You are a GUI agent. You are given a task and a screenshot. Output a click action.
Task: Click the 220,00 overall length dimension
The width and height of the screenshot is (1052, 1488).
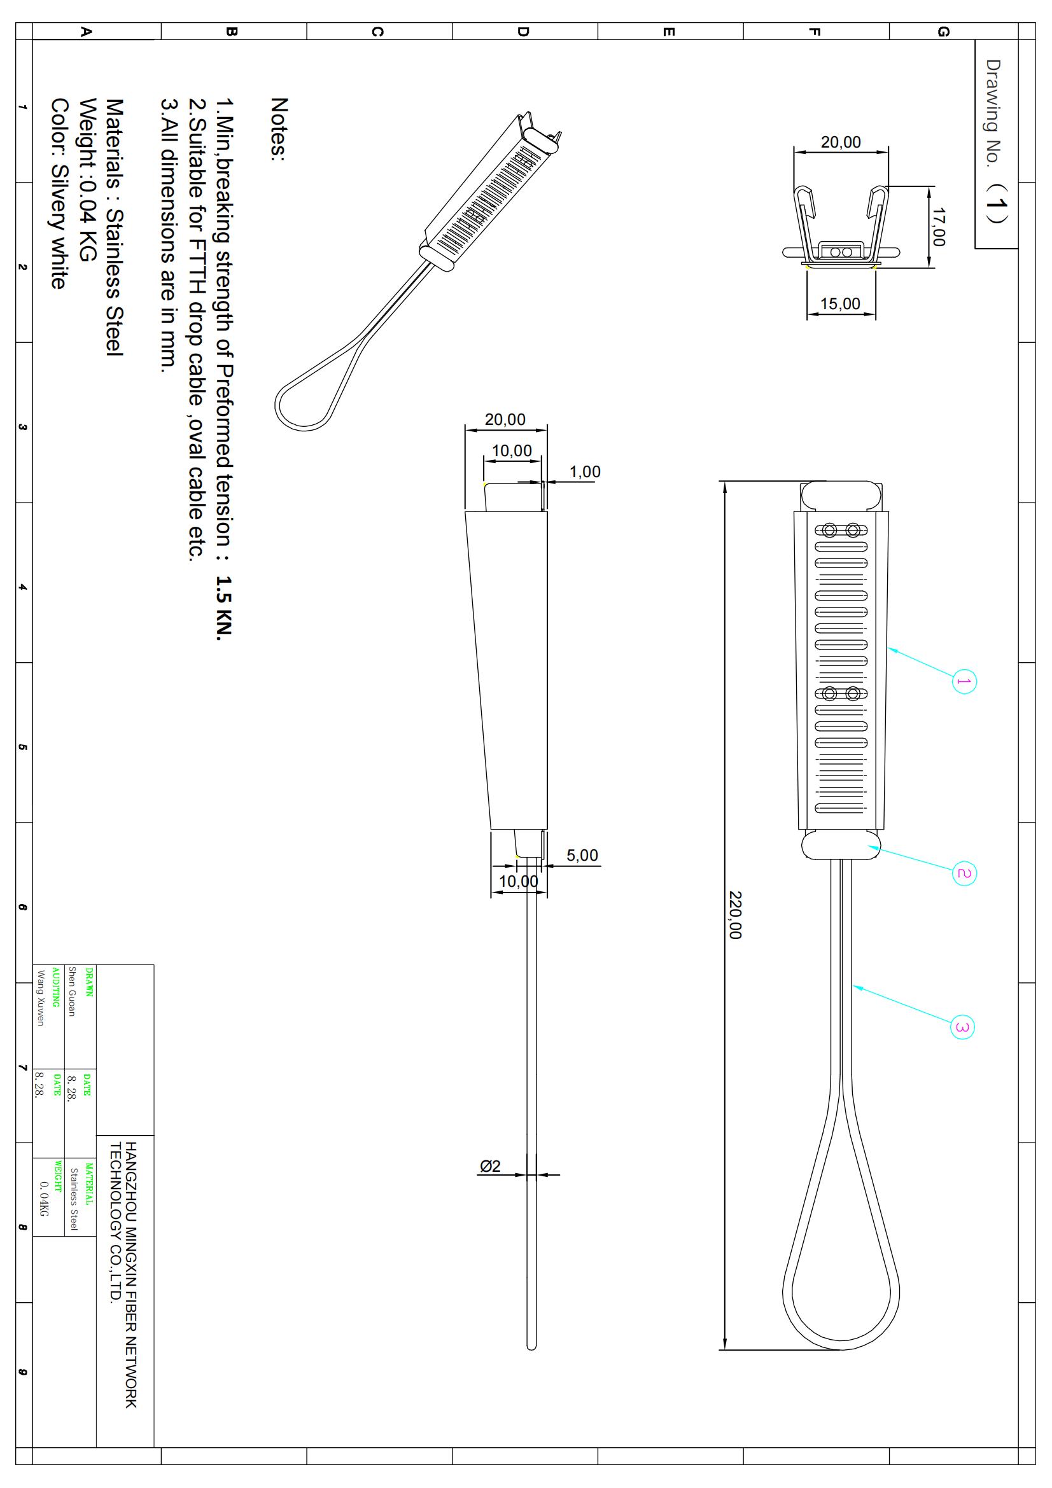tap(735, 914)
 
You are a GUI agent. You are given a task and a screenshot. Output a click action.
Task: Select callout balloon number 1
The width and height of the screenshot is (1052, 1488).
tap(964, 681)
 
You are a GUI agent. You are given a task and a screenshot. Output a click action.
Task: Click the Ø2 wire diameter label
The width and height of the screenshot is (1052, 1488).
tap(490, 1167)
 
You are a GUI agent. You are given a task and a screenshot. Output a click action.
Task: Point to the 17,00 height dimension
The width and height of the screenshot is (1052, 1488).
tap(939, 227)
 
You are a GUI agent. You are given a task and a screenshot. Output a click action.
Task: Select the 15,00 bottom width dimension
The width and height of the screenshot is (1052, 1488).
tap(840, 304)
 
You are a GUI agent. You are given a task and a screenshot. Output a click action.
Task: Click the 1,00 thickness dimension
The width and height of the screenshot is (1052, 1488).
tap(585, 472)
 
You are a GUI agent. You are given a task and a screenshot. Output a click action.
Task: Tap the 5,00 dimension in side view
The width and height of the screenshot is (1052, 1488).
tap(582, 856)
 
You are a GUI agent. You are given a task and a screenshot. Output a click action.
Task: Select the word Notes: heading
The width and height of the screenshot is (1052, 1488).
tap(279, 129)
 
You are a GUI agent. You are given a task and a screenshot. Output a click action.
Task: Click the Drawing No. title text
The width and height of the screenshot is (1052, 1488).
tap(992, 113)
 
